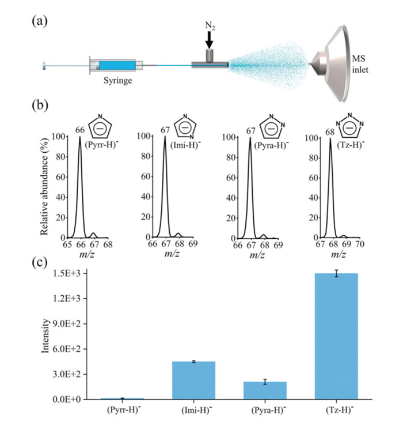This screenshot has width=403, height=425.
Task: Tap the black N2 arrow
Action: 209,40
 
